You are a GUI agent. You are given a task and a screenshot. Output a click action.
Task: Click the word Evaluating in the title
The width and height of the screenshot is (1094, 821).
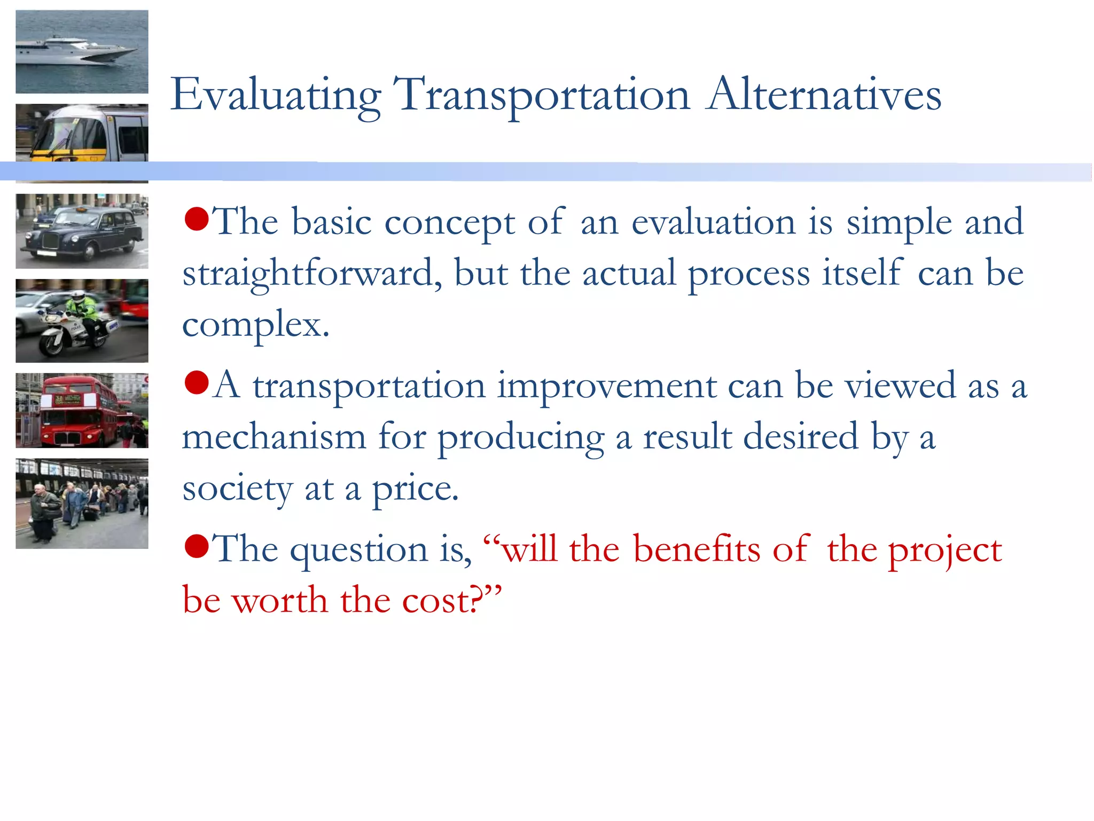click(x=276, y=95)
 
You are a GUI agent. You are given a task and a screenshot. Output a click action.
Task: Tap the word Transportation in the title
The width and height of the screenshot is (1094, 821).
click(x=542, y=95)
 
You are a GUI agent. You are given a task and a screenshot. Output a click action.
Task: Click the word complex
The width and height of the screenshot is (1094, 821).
click(x=255, y=324)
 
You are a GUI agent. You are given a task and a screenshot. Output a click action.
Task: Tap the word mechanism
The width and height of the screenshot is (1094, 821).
click(x=273, y=437)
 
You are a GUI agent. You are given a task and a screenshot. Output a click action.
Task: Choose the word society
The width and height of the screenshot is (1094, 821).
click(x=237, y=489)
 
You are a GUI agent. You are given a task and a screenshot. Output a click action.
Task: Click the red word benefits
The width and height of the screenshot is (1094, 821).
click(x=696, y=549)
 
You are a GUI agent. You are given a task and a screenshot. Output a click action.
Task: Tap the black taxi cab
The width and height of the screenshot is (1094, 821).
click(x=82, y=233)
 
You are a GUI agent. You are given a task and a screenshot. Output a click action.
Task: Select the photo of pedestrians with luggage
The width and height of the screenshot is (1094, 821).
click(x=82, y=504)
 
